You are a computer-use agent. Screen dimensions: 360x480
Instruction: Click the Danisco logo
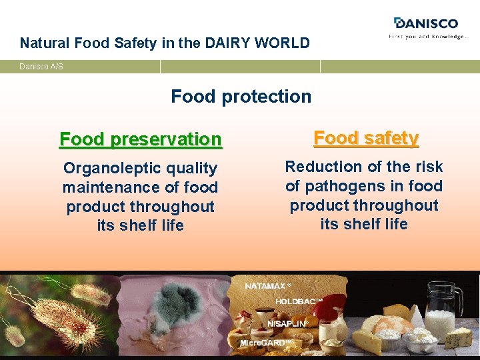pyautogui.click(x=427, y=23)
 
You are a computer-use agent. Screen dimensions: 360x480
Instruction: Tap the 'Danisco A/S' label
pyautogui.click(x=41, y=67)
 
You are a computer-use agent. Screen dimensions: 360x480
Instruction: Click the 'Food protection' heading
pyautogui.click(x=241, y=97)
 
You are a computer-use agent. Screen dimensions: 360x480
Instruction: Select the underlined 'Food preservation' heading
pyautogui.click(x=140, y=139)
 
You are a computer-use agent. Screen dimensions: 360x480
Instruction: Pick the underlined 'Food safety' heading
pyautogui.click(x=365, y=138)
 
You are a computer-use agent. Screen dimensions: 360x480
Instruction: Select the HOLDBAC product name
pyautogui.click(x=298, y=301)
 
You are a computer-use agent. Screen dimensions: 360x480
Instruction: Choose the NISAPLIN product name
pyautogui.click(x=287, y=323)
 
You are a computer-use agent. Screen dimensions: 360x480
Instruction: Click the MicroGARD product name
pyautogui.click(x=265, y=343)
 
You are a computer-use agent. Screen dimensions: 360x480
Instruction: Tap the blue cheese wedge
pyautogui.click(x=459, y=339)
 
